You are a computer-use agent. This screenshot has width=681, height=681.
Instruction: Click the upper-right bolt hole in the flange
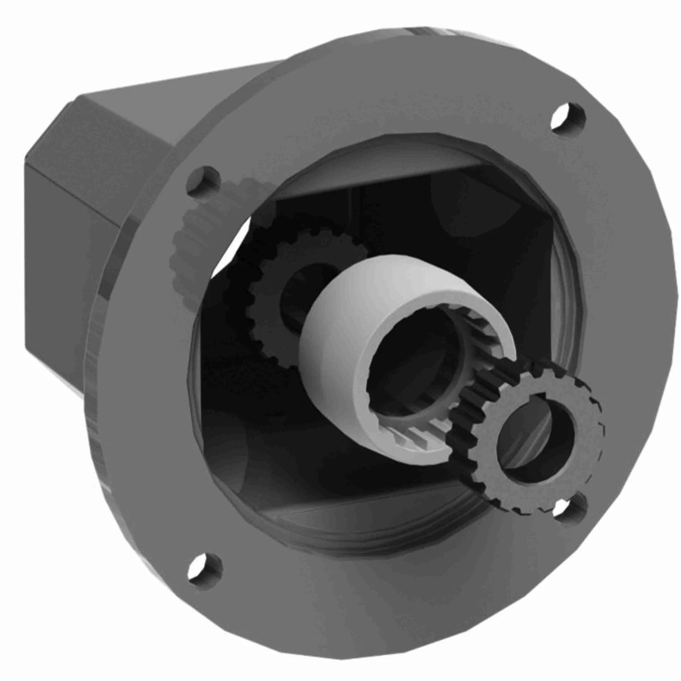[x=568, y=117]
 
